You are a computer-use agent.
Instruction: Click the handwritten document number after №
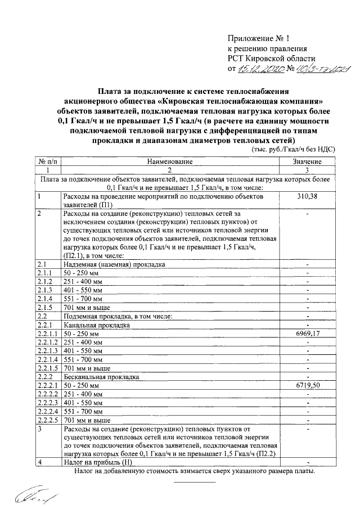[x=319, y=70]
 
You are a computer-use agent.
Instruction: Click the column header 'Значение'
[x=307, y=161]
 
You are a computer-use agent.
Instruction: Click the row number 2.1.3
[x=44, y=290]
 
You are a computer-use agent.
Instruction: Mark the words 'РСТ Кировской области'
[x=272, y=58]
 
